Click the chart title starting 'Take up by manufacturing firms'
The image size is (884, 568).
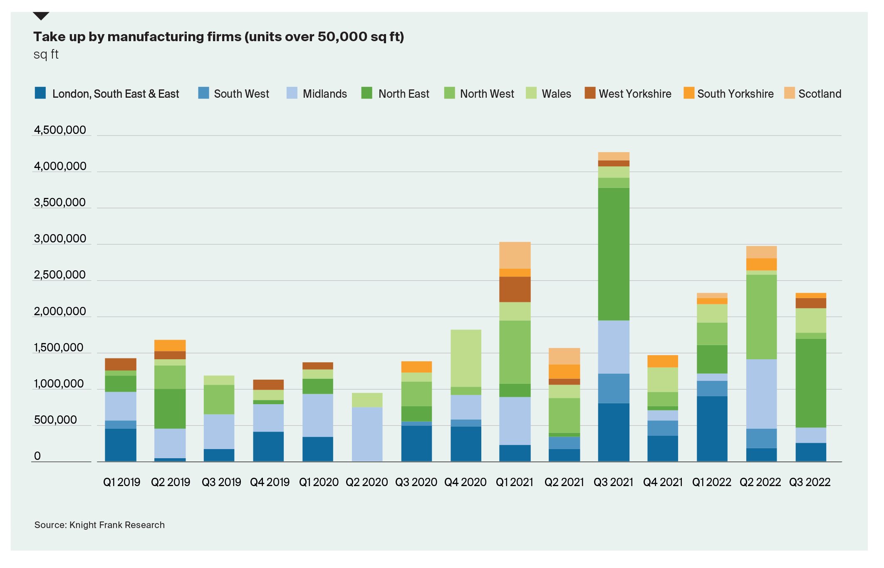(x=218, y=37)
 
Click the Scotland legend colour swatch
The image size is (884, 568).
(x=789, y=93)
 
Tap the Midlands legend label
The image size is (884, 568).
(x=324, y=94)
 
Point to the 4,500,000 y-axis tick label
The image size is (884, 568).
(x=60, y=130)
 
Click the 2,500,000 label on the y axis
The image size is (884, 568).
(x=60, y=275)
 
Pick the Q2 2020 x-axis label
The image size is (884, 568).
(x=366, y=482)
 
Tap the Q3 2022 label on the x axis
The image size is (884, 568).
(x=810, y=482)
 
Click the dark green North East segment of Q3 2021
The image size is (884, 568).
(x=613, y=254)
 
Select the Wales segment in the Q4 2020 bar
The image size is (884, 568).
(x=466, y=358)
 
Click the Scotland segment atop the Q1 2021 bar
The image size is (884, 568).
(x=515, y=255)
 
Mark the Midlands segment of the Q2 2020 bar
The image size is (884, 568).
(x=367, y=434)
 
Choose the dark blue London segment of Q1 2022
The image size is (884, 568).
(x=712, y=428)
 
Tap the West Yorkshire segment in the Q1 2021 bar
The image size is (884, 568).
(x=515, y=289)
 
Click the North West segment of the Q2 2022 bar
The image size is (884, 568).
(x=761, y=317)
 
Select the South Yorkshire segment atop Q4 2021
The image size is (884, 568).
(x=662, y=361)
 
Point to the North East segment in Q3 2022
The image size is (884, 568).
(x=810, y=383)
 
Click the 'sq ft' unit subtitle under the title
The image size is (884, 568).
(x=46, y=54)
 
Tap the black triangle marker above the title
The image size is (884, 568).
(x=41, y=16)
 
